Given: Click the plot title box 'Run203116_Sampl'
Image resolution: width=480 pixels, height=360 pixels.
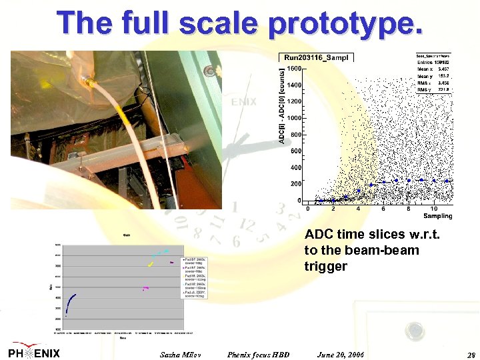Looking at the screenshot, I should [x=315, y=58].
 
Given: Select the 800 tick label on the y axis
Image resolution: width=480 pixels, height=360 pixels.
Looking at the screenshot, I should [x=296, y=135].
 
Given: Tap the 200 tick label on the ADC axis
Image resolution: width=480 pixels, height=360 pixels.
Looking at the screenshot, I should [x=296, y=184].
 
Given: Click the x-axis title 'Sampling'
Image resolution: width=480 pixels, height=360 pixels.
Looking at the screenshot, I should [x=437, y=216].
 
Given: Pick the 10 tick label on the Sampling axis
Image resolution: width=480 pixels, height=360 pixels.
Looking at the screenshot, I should [x=433, y=209].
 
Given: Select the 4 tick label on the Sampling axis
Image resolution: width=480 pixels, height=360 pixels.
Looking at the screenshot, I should [x=358, y=209].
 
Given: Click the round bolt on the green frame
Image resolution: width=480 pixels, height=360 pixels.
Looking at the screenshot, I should [x=211, y=71].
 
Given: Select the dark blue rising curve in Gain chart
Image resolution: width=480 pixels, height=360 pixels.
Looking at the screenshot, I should [x=70, y=299].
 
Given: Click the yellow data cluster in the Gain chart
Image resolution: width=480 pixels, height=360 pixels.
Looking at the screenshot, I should [x=151, y=264].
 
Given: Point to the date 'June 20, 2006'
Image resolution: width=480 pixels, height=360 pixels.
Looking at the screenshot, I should [x=341, y=354].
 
